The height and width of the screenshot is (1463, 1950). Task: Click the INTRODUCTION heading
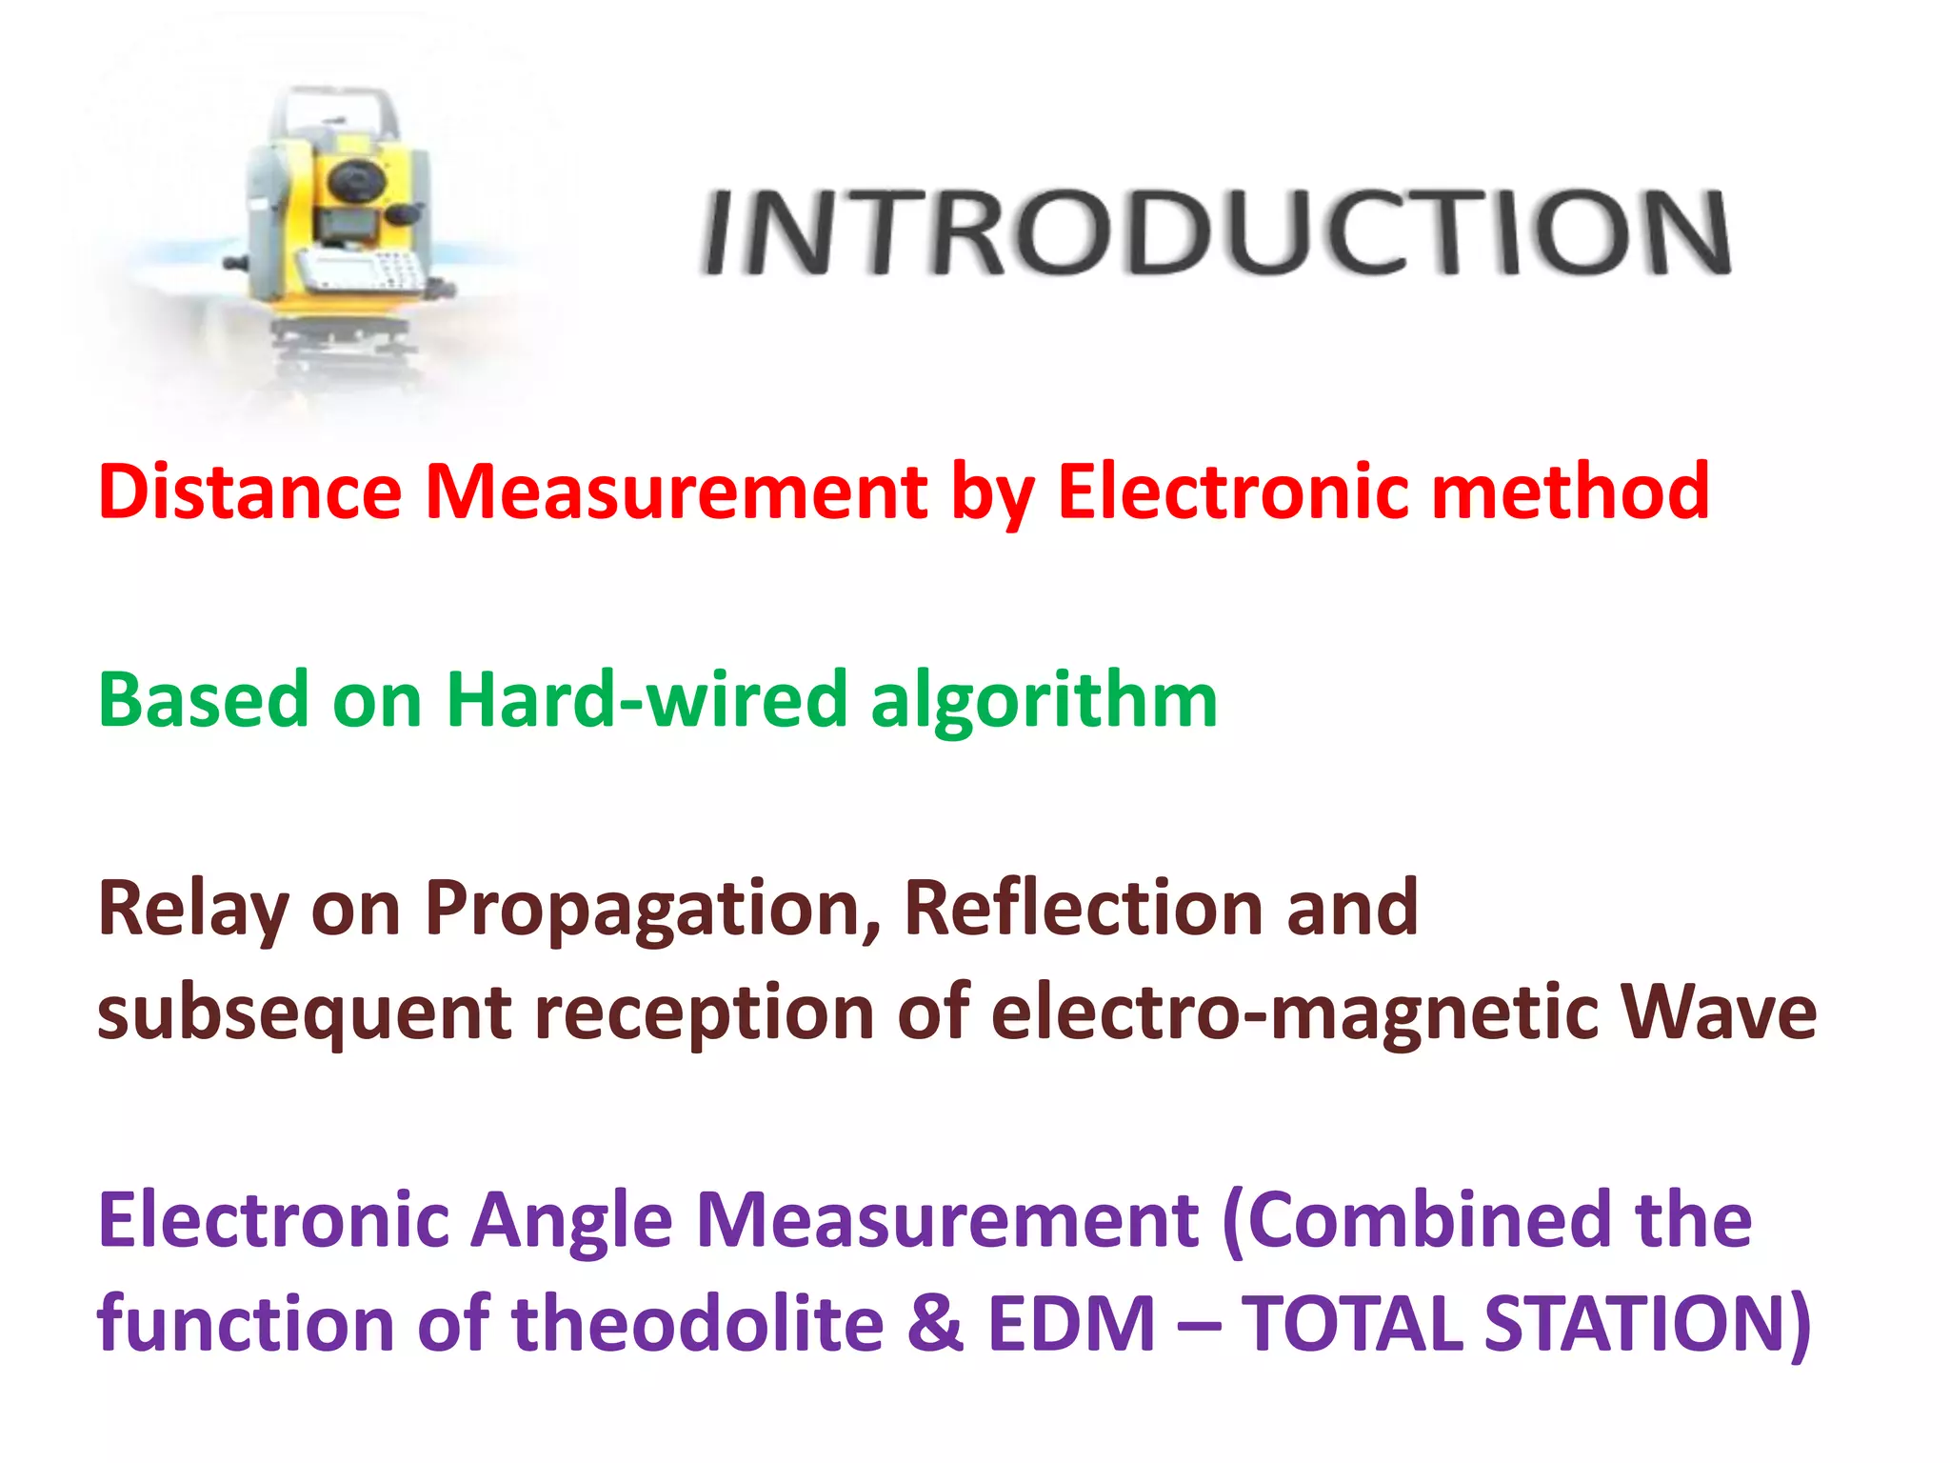point(1215,232)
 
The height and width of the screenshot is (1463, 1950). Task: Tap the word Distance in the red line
point(249,491)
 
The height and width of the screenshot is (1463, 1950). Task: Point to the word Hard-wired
point(647,700)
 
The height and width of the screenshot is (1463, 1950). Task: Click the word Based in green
point(204,700)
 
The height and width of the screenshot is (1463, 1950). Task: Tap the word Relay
point(192,910)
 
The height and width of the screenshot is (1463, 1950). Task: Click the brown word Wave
point(1720,1012)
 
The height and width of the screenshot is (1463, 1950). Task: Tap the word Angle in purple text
point(572,1223)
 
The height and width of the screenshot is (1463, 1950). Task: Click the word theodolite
point(699,1324)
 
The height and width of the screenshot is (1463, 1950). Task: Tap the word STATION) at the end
point(1648,1326)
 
